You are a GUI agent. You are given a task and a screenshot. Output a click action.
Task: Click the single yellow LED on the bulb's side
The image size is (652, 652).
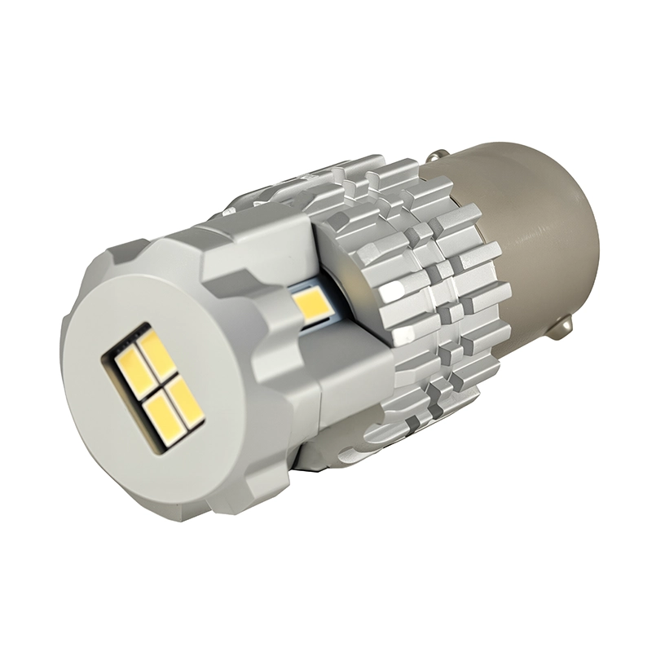[x=310, y=306]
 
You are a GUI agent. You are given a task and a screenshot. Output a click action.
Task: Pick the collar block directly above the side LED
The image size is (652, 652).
[x=269, y=244]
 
